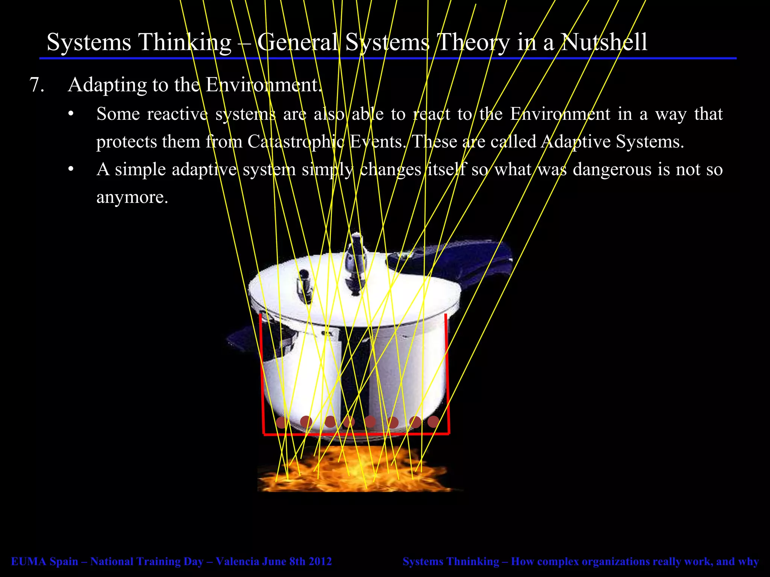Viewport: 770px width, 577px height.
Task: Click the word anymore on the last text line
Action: [x=132, y=198]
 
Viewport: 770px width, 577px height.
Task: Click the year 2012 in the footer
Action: [x=320, y=562]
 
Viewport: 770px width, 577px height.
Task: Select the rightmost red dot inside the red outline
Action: [x=433, y=422]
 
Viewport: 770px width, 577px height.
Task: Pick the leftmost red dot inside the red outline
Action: [x=281, y=423]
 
